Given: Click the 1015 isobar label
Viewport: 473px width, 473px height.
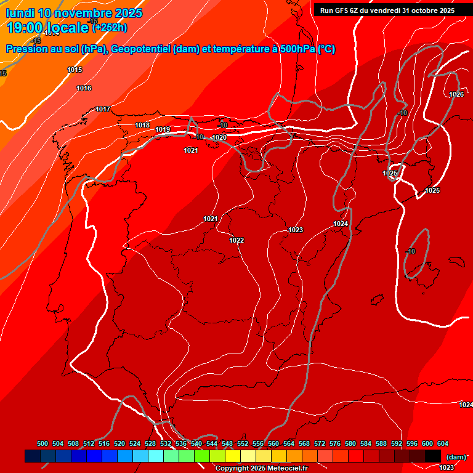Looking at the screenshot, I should pyautogui.click(x=75, y=70).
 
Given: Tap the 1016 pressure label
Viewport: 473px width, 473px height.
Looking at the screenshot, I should pyautogui.click(x=84, y=89).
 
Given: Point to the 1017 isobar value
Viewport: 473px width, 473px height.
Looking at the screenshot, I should pyautogui.click(x=103, y=110).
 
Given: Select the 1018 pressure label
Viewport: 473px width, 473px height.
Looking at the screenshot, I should pyautogui.click(x=142, y=125).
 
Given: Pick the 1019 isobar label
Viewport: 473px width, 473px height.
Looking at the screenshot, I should pyautogui.click(x=163, y=130).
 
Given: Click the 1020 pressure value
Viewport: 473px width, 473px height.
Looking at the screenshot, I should pyautogui.click(x=219, y=137).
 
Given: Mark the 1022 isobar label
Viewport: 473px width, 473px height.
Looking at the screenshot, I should pyautogui.click(x=236, y=240).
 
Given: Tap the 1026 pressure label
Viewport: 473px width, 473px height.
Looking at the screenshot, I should pyautogui.click(x=456, y=94).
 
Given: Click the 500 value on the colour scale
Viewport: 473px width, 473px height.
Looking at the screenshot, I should pyautogui.click(x=42, y=443).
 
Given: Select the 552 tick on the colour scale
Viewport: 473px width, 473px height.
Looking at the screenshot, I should pyautogui.click(x=243, y=443).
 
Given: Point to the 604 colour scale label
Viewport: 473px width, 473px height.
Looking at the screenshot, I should pyautogui.click(x=443, y=443).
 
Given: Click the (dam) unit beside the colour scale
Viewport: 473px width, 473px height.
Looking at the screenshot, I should pyautogui.click(x=456, y=456).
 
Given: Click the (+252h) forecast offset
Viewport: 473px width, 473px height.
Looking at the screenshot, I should pyautogui.click(x=110, y=27).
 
